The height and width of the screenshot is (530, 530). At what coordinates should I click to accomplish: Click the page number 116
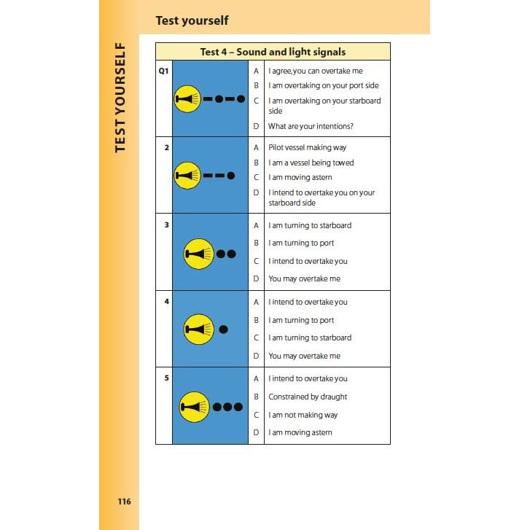[123, 502]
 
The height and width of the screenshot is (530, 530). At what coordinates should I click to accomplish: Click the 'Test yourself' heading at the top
[192, 20]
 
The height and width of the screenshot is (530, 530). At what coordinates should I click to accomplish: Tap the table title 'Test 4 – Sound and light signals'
[273, 52]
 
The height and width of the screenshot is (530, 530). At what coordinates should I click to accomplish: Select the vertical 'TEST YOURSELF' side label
[120, 96]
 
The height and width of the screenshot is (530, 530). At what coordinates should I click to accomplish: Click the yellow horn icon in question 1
[187, 98]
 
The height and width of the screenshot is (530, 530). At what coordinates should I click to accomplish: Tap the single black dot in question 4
[224, 329]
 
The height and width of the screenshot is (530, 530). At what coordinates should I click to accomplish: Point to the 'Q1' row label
[164, 71]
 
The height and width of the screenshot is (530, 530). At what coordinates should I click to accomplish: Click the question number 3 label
[166, 225]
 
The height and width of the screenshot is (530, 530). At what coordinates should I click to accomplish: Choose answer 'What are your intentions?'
[311, 126]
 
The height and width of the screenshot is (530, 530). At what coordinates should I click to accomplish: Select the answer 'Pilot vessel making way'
[307, 147]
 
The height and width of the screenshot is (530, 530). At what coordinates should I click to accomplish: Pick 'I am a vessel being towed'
[311, 163]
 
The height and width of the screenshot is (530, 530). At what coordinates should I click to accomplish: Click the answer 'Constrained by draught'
[308, 397]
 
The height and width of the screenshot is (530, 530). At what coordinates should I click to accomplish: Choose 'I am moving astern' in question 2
[300, 177]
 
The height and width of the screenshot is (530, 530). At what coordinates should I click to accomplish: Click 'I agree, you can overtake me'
[315, 71]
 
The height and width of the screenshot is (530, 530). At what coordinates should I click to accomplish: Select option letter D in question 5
[256, 432]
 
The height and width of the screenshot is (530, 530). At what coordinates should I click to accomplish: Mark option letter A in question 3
[256, 225]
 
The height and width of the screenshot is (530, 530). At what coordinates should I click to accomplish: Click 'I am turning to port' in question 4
[301, 320]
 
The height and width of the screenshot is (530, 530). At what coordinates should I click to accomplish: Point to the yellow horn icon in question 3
[199, 254]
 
